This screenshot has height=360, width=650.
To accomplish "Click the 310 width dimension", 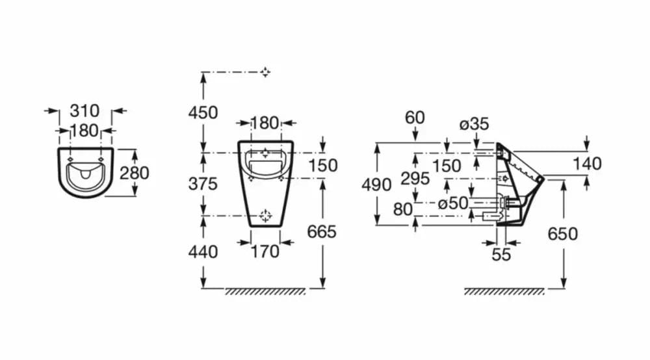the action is pos(84,110).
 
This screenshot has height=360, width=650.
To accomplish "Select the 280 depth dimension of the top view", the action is pos(135,173).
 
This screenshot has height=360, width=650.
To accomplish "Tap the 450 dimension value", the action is pos(203,112).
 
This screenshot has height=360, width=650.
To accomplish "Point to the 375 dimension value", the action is pos(203,183).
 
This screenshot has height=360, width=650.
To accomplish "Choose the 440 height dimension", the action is pos(203,251).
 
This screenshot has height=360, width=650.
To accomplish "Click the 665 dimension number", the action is pos(322,231).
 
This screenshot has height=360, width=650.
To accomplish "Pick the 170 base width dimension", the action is pos(265,251).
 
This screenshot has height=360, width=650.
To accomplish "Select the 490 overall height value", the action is pos(376,185).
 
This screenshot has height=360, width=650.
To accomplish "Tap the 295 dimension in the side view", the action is pos(415,179).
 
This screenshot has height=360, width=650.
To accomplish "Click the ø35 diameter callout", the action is pos(474,124).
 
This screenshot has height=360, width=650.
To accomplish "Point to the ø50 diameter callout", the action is pos(453,203).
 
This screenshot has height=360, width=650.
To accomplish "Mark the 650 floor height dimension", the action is pos(562,234).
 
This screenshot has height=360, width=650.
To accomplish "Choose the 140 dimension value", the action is pos(587,164).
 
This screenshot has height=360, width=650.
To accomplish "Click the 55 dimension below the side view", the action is pos(501,254).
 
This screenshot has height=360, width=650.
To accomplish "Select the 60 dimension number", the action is pos(415,118).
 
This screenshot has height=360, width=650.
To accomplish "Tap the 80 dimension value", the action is pos(403,210).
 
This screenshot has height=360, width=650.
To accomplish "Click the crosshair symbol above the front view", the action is pos(265,73).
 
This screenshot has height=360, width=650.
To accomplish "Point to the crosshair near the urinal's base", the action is pos(265,216).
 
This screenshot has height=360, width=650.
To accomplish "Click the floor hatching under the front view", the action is pos(265,292).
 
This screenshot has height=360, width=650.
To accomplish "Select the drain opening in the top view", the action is pos(86,174).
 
